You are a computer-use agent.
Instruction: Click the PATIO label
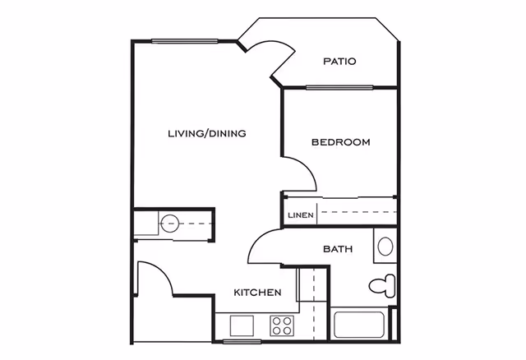point(339,61)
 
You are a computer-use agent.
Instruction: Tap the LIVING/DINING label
point(207,133)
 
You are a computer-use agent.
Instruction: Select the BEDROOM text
point(340,142)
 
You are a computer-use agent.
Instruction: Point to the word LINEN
point(299,215)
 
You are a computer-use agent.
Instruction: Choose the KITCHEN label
point(258,293)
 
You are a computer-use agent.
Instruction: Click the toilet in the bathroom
point(381,286)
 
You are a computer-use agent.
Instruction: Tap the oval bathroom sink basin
point(385,246)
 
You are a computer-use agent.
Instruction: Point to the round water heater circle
point(170,223)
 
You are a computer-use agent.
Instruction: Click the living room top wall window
point(184,41)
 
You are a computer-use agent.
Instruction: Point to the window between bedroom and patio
point(339,87)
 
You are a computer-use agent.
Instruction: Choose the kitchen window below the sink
point(242,340)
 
